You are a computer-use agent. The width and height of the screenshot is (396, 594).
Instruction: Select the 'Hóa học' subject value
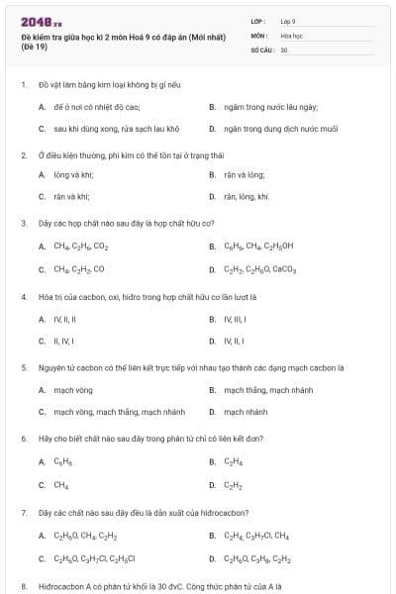click(291, 35)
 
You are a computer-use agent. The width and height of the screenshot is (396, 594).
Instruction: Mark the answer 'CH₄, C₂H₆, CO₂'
click(81, 246)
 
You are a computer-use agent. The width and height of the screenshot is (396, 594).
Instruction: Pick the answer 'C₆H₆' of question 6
click(62, 461)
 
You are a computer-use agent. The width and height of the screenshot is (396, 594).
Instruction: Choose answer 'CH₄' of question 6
click(60, 484)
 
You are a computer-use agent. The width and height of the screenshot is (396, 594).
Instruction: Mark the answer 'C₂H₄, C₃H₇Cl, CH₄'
click(256, 536)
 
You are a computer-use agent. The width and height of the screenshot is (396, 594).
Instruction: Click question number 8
click(23, 586)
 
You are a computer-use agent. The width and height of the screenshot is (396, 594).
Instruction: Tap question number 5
click(23, 367)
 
